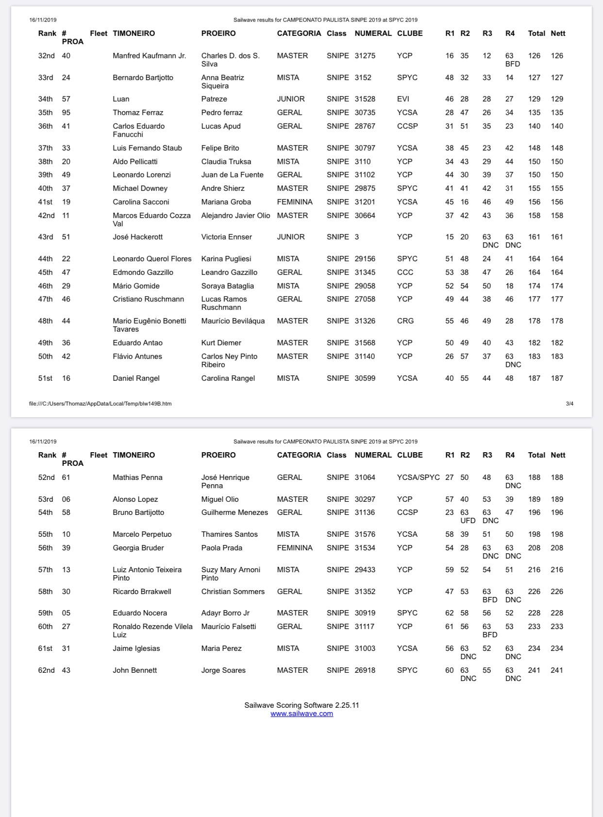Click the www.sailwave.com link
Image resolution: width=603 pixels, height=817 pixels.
click(301, 714)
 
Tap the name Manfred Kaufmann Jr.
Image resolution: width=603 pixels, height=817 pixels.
click(149, 56)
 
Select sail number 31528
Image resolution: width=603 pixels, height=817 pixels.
click(365, 99)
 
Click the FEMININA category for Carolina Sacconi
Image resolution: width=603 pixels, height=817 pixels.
click(295, 202)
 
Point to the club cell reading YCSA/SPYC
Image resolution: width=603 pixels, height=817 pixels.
click(418, 477)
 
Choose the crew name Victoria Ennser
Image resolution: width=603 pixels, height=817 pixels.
click(226, 237)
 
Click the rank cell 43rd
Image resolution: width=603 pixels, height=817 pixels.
click(46, 237)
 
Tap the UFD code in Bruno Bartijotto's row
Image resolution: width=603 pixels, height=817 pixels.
click(468, 521)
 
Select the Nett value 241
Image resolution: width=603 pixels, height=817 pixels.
click(556, 670)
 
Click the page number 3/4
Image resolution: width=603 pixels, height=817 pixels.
click(569, 404)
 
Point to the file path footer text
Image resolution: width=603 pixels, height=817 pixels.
click(100, 404)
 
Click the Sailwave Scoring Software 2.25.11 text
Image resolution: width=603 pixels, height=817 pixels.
click(301, 705)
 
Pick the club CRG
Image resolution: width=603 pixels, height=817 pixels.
click(405, 321)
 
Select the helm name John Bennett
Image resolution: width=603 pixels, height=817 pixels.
click(134, 670)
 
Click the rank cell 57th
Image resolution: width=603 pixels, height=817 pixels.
click(46, 570)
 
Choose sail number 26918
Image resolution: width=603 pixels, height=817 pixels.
click(365, 670)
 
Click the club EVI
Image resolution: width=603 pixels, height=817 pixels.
click(403, 99)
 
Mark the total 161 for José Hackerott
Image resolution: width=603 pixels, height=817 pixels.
click(534, 237)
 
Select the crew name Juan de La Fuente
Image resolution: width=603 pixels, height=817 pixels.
click(232, 175)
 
